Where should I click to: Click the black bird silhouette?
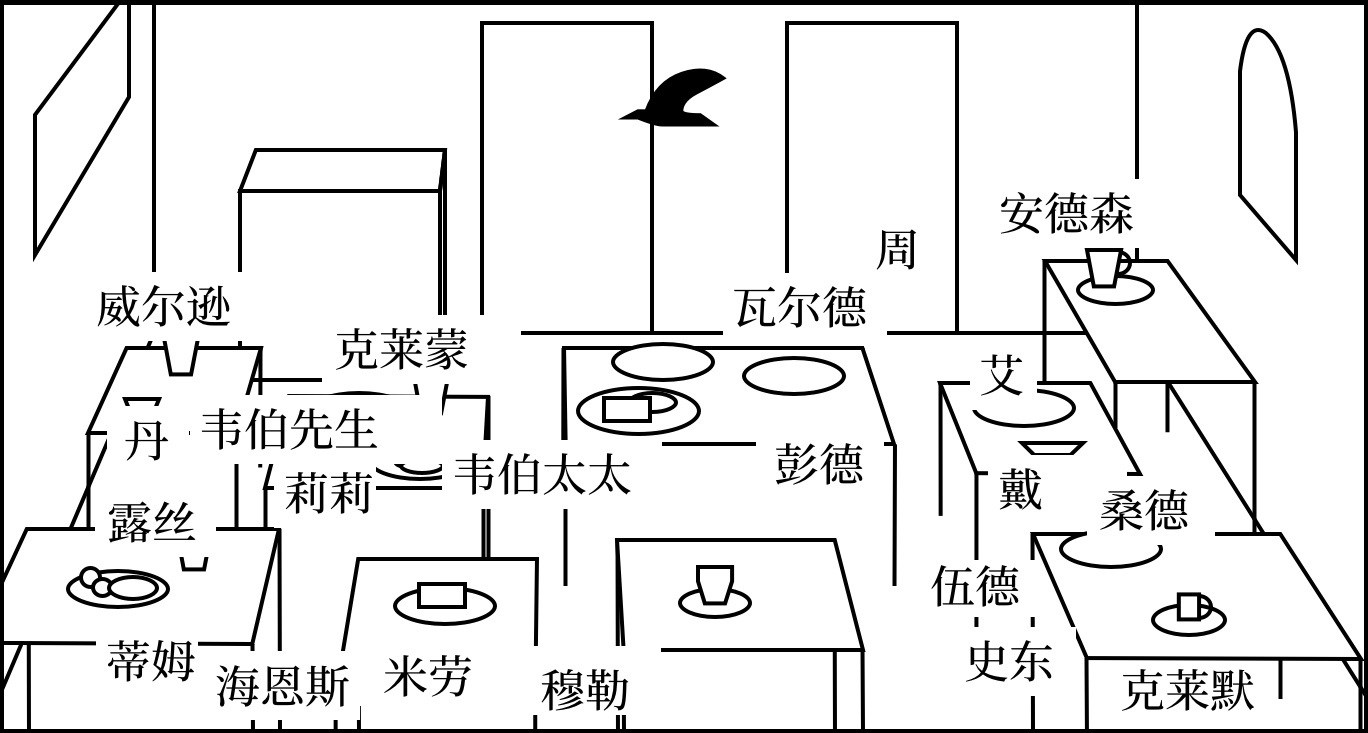(676, 98)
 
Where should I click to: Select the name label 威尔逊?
(163, 307)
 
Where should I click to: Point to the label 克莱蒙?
(401, 350)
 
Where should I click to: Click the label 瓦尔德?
(799, 307)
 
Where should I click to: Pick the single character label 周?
(896, 249)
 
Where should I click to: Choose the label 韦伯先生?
(288, 430)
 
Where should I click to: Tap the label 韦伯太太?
(542, 475)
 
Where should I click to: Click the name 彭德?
(819, 464)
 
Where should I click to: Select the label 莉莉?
(328, 493)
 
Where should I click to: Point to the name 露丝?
(152, 522)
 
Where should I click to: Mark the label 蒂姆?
(150, 661)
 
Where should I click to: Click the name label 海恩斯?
(283, 688)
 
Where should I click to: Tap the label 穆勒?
(585, 690)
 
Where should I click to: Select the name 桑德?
(1143, 511)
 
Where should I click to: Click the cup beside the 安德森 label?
(1105, 267)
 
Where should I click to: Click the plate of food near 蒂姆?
(117, 586)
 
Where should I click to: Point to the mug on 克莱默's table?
(1190, 607)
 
